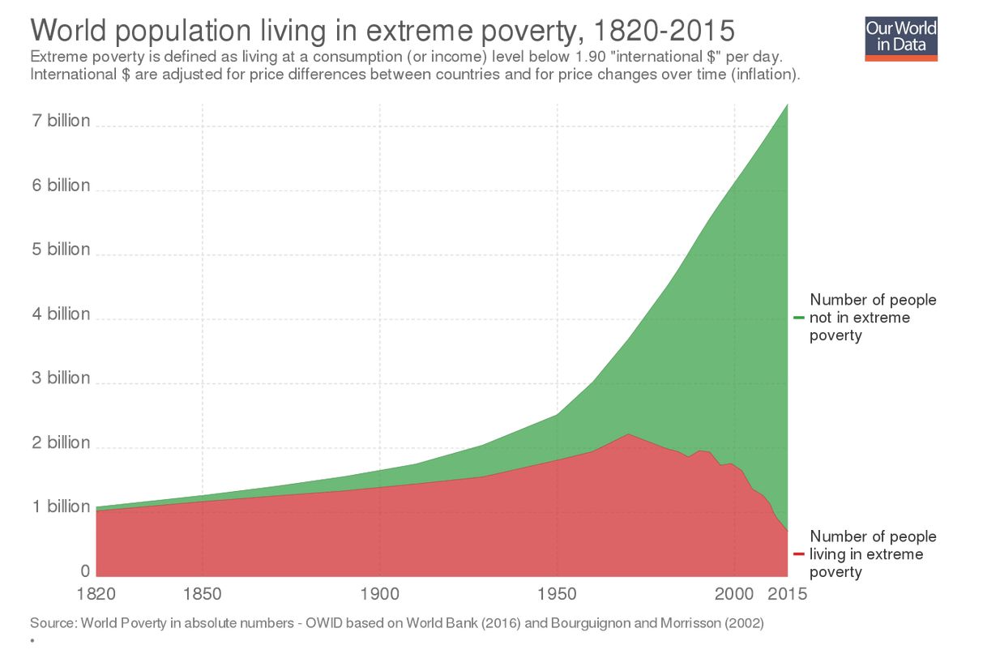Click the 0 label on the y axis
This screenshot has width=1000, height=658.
point(85,571)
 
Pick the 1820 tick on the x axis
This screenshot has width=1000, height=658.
point(96,594)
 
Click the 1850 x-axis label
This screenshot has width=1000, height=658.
point(203,594)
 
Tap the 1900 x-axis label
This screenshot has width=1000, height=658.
point(380,594)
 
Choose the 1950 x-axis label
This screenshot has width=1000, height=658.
point(558,594)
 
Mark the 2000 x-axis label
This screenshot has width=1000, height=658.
point(734,594)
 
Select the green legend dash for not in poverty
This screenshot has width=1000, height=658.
point(798,318)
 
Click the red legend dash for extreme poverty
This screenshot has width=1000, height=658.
point(798,554)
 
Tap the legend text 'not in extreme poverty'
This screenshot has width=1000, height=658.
point(872,318)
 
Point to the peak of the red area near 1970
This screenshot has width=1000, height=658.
point(628,434)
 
